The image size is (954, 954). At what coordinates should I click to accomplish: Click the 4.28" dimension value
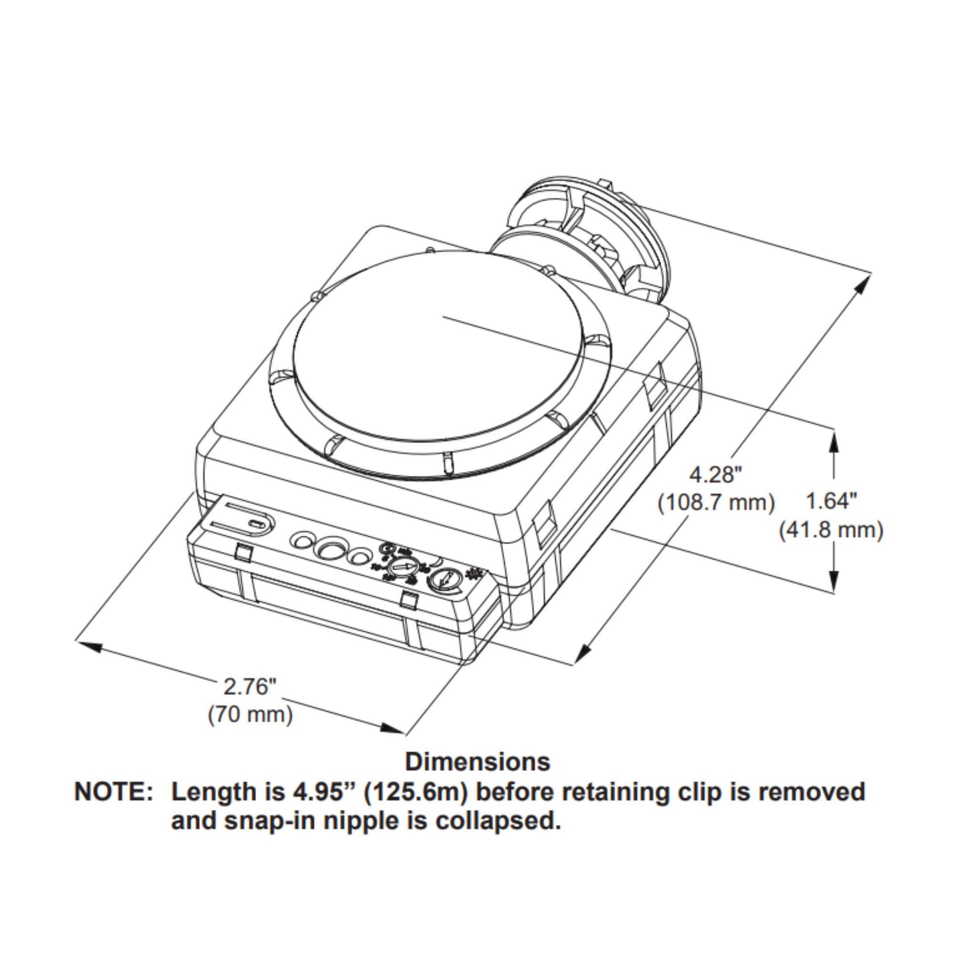coord(715,475)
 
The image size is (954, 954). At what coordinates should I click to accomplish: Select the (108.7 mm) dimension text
coord(716,503)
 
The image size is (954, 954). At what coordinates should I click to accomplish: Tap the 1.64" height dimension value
coord(832,502)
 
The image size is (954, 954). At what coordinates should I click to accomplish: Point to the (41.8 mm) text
coord(831,530)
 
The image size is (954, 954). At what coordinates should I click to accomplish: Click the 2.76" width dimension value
coord(249,687)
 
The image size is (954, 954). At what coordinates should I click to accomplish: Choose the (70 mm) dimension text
coord(250,715)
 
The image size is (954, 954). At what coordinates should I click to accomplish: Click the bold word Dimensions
coord(477,762)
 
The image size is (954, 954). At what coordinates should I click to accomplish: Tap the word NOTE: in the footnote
coord(114,792)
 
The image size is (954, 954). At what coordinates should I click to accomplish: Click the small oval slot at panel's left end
coord(256,524)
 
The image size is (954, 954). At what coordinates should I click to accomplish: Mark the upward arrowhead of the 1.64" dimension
coord(834,443)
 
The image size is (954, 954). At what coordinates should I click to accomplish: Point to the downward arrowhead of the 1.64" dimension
coord(834,581)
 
